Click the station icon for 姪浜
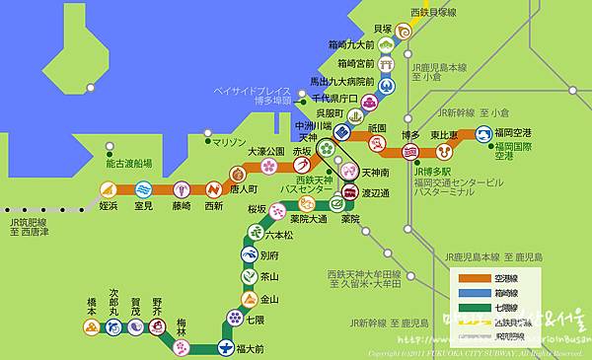109,189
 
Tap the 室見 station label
143,206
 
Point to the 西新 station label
213,206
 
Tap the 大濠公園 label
264,151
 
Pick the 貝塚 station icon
404,31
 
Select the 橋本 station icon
92,323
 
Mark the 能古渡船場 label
128,164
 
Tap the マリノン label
229,142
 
